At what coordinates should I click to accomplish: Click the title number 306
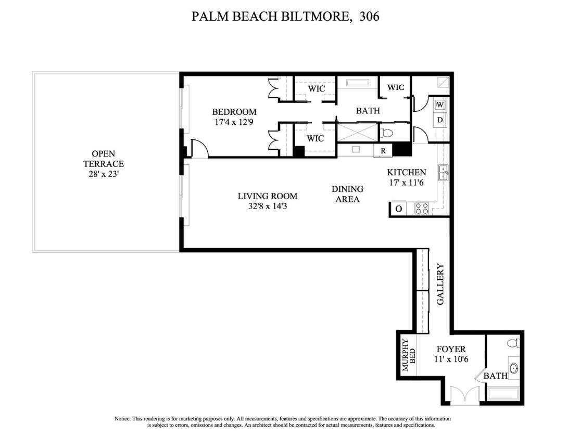tap(369, 16)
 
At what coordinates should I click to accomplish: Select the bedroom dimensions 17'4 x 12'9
tap(234, 123)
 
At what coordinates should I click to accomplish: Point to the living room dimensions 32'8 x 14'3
tap(267, 206)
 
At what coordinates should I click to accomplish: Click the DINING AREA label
tap(347, 194)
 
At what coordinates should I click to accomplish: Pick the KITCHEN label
tap(406, 172)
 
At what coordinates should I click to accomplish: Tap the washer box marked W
tap(440, 105)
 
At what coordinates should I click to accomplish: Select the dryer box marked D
tap(440, 120)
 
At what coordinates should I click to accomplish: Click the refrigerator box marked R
tap(383, 151)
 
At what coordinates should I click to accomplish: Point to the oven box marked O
tap(398, 209)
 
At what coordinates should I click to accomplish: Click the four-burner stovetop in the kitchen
tap(421, 209)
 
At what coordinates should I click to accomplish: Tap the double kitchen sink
tap(443, 172)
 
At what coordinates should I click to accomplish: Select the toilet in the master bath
tap(386, 133)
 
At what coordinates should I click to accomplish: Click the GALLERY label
tap(440, 285)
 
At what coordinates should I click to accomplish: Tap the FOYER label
tap(451, 349)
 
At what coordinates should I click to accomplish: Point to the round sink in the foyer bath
tap(514, 369)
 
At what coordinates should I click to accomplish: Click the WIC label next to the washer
tap(396, 87)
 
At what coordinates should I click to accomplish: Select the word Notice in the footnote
tap(122, 419)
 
